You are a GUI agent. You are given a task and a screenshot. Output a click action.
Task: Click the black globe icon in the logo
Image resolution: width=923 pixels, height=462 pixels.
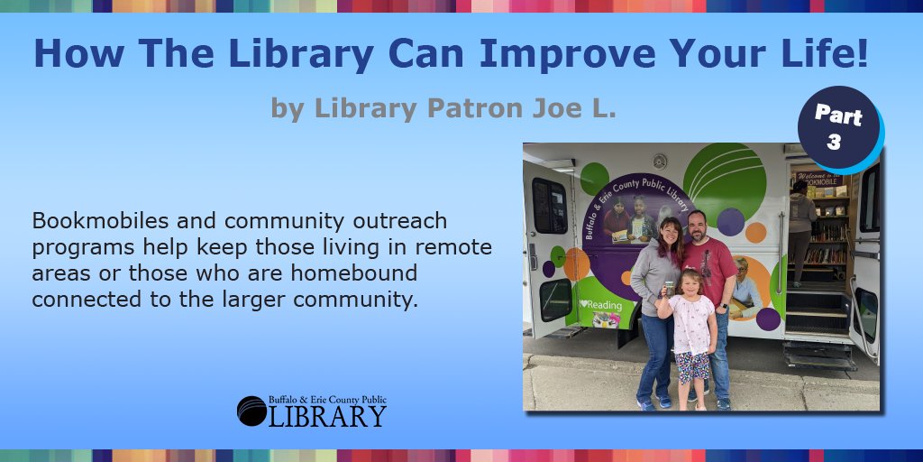click(251, 411)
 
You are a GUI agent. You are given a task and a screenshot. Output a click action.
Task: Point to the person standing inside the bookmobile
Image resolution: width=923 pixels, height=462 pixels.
click(800, 230)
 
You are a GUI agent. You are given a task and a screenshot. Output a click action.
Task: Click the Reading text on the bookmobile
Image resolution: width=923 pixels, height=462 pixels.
click(602, 305)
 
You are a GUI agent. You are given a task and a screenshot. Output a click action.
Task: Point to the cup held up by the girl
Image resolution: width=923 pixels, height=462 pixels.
click(668, 290)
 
